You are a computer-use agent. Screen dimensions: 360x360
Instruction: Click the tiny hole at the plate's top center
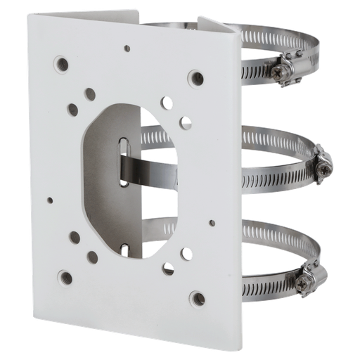(x=127, y=49)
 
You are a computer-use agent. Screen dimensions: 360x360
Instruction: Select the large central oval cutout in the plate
(x=134, y=176)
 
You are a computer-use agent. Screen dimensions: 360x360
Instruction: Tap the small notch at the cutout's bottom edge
(x=126, y=247)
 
